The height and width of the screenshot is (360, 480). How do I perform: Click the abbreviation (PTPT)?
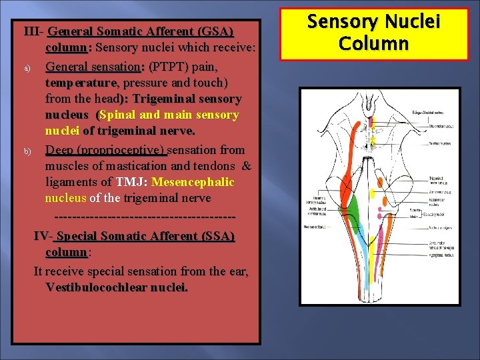pyautogui.click(x=169, y=67)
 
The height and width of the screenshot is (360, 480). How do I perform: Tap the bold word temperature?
pyautogui.click(x=81, y=83)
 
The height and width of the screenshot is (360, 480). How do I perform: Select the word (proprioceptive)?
pyautogui.click(x=124, y=150)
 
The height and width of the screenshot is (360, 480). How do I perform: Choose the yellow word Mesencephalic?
pyautogui.click(x=193, y=182)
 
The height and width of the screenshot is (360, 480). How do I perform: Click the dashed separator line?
pyautogui.click(x=143, y=217)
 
